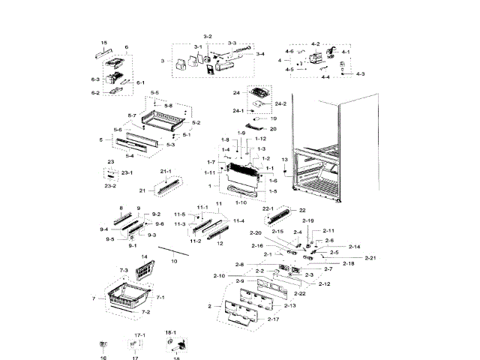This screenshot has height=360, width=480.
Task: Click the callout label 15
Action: [x=103, y=43]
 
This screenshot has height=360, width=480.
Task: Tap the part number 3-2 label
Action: [x=208, y=37]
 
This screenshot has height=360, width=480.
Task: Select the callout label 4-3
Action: [x=361, y=73]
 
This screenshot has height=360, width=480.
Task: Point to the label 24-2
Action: [x=280, y=103]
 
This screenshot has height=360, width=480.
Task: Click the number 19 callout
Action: [x=274, y=118]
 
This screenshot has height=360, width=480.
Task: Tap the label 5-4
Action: [x=130, y=156]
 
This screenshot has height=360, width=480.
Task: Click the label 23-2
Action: [x=110, y=185]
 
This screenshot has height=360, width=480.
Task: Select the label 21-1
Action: [x=166, y=172]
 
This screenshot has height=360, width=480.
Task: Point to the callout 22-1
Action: [x=268, y=208]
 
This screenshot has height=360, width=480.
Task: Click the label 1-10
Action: [x=241, y=202]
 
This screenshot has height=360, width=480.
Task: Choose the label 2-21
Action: [x=370, y=258]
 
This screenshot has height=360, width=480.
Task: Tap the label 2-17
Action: [x=273, y=319]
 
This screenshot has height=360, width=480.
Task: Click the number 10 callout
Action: [x=174, y=260]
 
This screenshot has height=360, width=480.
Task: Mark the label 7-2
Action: [x=145, y=311]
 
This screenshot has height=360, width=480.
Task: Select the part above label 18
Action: [x=178, y=344]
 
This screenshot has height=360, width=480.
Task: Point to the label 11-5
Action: [x=180, y=214]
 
